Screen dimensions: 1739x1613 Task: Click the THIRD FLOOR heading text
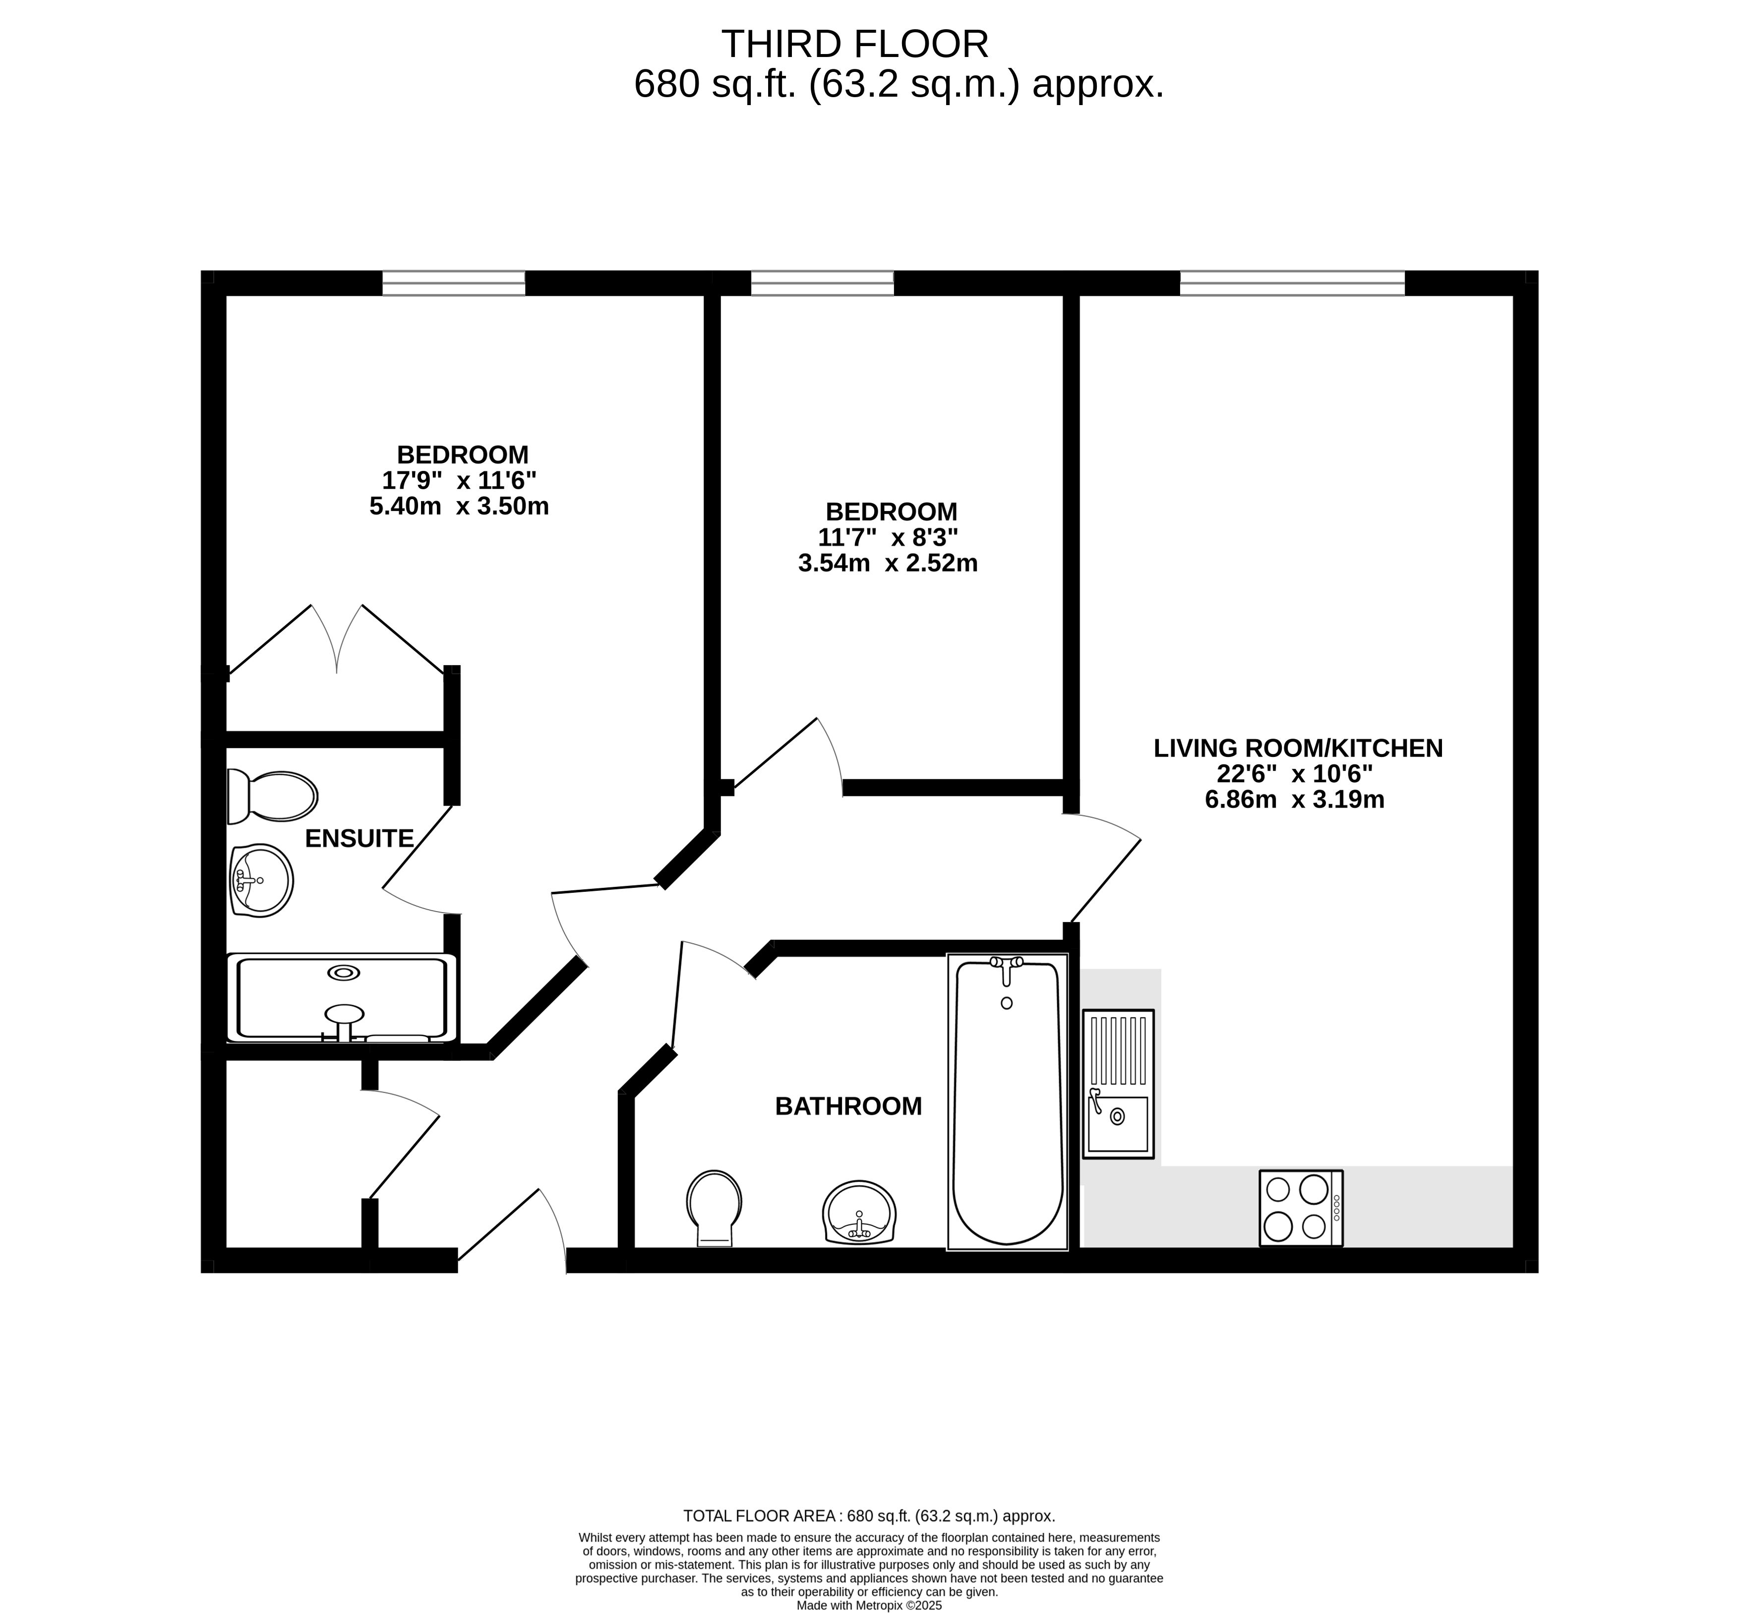855,44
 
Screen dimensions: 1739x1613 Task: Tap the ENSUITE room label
359,839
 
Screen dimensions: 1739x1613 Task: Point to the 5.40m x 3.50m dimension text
459,506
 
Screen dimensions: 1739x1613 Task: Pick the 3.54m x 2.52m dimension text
888,563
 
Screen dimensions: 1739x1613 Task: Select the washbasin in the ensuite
261,880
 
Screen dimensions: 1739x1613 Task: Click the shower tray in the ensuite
341,998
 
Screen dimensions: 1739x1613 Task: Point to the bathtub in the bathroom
1008,1101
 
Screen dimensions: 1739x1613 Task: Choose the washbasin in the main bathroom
859,1211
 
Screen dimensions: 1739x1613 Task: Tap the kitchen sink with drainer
1118,1084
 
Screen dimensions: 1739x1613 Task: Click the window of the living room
1292,283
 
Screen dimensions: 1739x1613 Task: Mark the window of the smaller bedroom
822,283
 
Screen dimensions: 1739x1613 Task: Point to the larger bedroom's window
454,283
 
